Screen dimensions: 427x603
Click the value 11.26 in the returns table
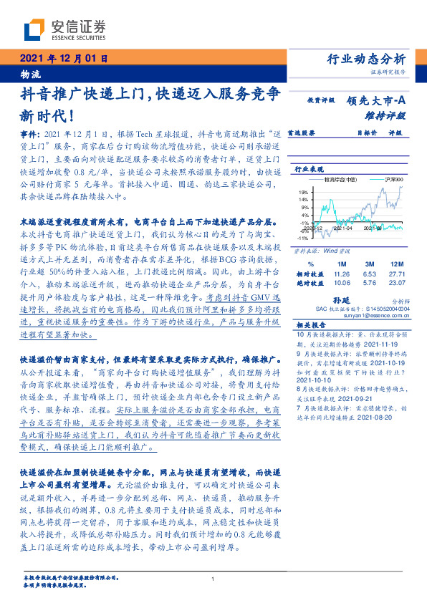click(x=340, y=274)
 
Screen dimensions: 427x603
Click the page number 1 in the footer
click(x=214, y=579)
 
